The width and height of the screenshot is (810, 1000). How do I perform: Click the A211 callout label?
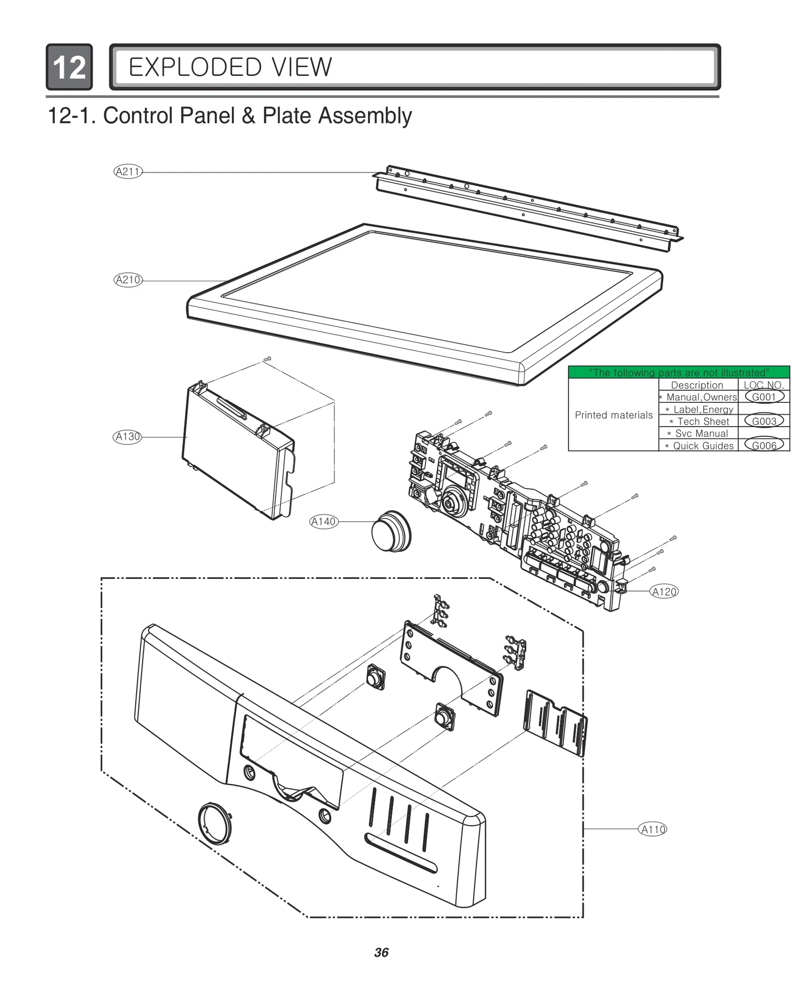tap(128, 172)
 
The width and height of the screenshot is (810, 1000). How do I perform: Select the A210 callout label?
tap(128, 280)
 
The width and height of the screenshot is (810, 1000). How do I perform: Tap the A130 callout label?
tap(127, 437)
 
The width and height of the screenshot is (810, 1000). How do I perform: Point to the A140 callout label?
tap(323, 522)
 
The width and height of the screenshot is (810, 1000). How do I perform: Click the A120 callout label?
tap(664, 592)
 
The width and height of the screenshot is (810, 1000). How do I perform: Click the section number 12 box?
tap(69, 67)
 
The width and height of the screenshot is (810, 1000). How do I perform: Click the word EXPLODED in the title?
tap(195, 67)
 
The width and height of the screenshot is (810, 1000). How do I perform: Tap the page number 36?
tap(381, 952)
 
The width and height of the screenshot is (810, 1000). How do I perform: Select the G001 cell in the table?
tap(763, 397)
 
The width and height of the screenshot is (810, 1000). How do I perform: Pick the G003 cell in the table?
tap(763, 421)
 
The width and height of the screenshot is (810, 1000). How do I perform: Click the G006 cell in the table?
tap(763, 445)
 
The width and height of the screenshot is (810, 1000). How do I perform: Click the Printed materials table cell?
tap(614, 415)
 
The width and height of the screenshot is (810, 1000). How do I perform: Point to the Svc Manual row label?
tap(701, 433)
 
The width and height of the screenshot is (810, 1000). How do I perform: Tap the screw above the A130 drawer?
tap(267, 359)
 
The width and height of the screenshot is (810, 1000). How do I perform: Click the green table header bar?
tap(678, 372)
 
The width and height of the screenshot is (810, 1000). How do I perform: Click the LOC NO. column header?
tap(763, 385)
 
